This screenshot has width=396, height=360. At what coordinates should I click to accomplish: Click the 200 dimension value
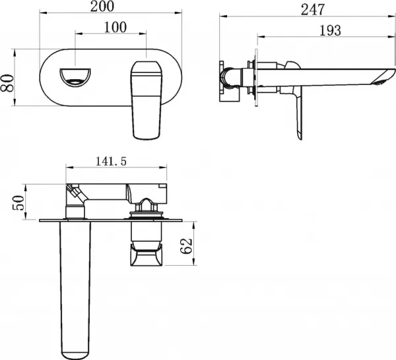tap(102, 7)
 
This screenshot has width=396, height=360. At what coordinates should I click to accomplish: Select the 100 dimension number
tap(115, 27)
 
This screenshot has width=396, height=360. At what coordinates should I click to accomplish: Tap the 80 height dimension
tap(7, 83)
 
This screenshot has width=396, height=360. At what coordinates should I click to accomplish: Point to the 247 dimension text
tap(313, 10)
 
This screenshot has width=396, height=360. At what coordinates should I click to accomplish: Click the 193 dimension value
tap(330, 30)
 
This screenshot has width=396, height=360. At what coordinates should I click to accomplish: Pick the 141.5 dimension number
tap(111, 161)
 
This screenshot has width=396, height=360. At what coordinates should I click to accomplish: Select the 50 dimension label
tap(18, 202)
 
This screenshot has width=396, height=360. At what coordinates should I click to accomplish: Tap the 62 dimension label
tap(186, 246)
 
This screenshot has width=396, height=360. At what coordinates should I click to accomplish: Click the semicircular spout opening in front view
tap(75, 77)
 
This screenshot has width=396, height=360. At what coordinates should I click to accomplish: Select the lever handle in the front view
tap(147, 100)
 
